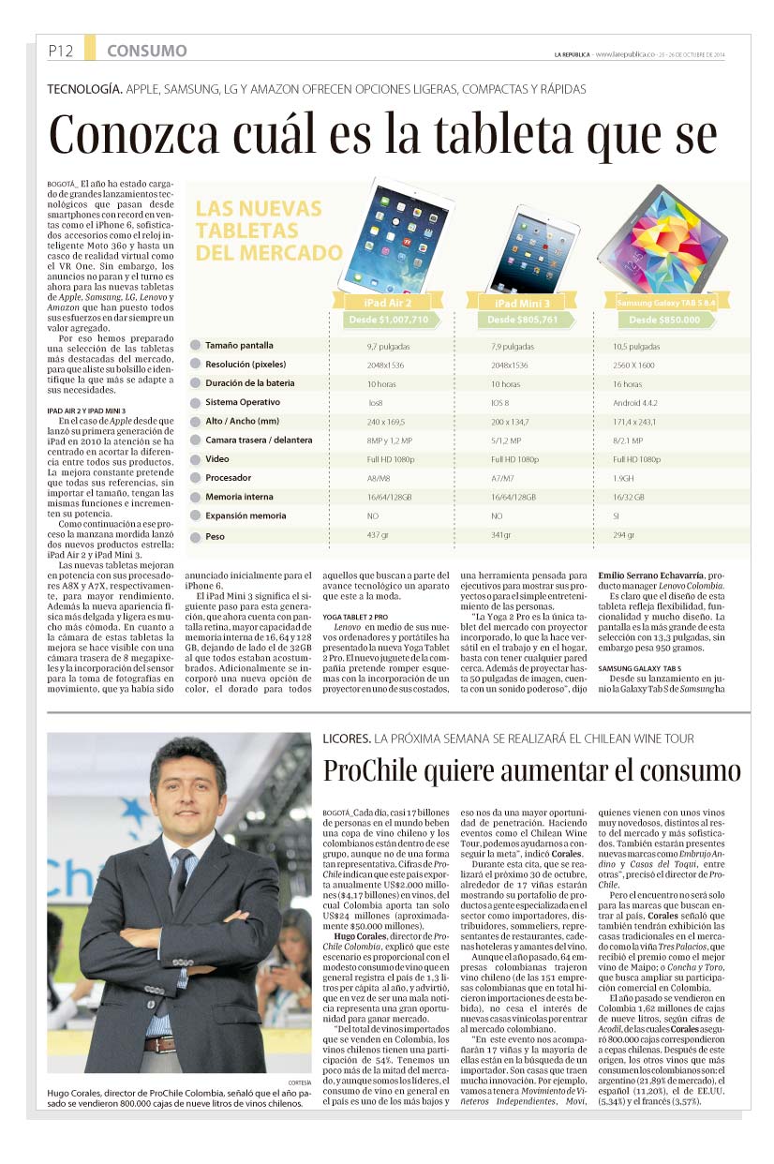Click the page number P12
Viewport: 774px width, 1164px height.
61,51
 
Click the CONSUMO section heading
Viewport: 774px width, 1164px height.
146,51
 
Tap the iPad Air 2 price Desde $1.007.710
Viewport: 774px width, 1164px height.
389,320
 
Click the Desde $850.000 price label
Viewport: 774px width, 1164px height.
664,320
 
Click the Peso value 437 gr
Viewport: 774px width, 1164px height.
378,535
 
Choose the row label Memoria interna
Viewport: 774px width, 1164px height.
239,497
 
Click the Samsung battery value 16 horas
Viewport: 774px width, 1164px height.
627,384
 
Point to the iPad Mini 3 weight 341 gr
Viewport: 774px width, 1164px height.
501,535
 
